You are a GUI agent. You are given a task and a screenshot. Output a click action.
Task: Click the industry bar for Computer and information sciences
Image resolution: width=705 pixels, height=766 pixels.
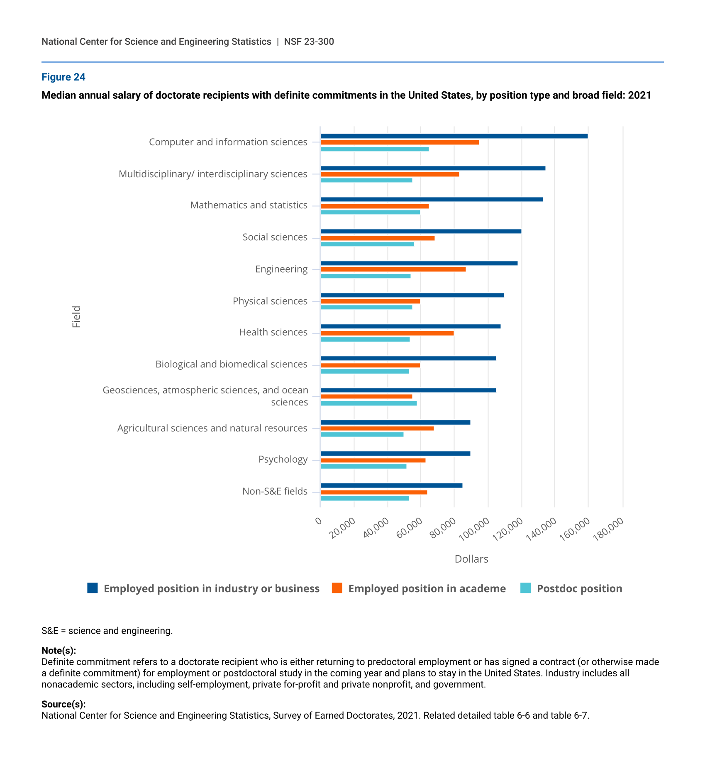[454, 136]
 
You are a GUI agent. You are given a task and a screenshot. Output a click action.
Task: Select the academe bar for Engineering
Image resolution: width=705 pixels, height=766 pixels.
[393, 269]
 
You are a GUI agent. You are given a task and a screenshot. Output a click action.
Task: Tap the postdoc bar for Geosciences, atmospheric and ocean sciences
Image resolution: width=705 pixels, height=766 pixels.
[368, 403]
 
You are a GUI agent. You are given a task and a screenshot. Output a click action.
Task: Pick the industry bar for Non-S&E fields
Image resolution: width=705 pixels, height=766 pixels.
[391, 485]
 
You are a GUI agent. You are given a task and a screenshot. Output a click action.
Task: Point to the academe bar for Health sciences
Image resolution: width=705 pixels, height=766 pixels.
[387, 333]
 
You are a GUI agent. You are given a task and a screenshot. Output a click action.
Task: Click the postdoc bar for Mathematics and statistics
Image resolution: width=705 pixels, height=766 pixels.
[370, 212]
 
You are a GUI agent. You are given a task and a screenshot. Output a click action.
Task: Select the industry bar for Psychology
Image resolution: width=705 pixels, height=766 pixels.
[395, 454]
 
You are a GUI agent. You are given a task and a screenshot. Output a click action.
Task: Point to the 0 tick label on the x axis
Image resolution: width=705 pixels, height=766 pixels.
[318, 521]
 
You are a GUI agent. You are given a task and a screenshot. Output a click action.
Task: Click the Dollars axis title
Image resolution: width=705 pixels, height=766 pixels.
[471, 559]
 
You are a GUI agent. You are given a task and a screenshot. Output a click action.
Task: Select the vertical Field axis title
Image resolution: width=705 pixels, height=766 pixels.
[76, 317]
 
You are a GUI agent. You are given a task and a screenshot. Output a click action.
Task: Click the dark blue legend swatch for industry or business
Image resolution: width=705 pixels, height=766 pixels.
[93, 588]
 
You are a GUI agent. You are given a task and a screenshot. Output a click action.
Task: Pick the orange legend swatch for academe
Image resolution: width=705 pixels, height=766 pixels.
[337, 588]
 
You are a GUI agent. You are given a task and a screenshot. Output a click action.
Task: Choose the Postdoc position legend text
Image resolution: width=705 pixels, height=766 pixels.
[580, 588]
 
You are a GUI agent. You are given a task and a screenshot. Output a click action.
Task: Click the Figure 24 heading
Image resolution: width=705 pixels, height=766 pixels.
[63, 77]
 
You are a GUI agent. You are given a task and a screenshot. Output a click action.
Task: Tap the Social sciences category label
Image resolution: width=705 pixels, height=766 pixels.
[275, 237]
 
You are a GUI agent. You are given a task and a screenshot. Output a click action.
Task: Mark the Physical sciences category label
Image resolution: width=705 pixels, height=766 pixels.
[270, 301]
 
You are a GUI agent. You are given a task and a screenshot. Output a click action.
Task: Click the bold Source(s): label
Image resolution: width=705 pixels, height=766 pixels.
[63, 704]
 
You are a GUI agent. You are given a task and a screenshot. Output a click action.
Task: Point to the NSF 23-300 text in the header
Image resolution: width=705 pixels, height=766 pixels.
[309, 41]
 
